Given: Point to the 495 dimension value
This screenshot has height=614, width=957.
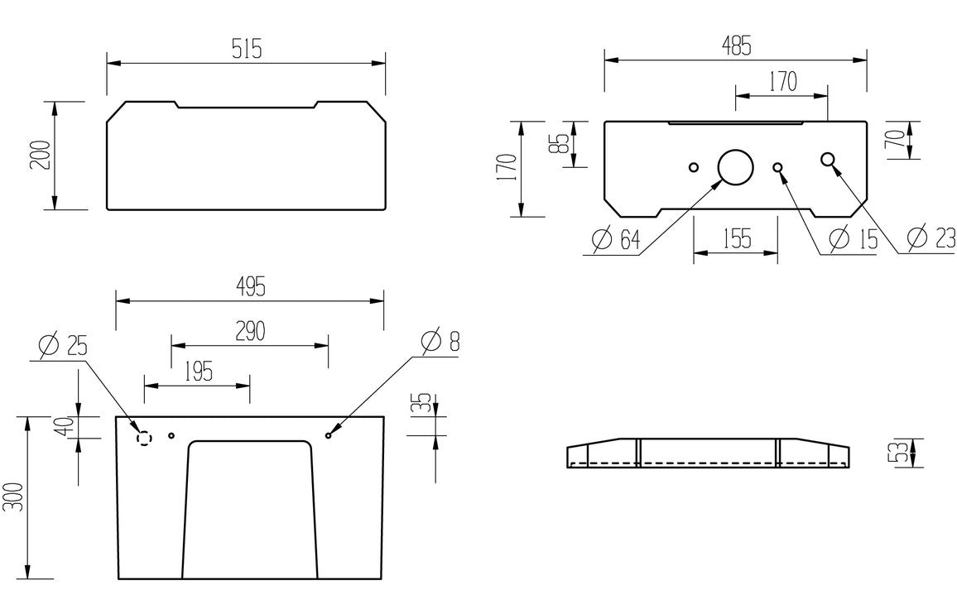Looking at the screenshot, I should [x=250, y=287].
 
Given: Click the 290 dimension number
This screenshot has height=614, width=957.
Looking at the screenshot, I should [x=249, y=331].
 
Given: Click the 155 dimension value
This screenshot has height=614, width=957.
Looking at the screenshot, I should [x=734, y=239].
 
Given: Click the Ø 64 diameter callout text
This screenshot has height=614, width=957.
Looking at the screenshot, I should [x=617, y=240].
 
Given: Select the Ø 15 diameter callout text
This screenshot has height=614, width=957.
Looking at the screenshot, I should [x=853, y=239].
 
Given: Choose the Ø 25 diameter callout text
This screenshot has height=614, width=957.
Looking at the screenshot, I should [x=63, y=345].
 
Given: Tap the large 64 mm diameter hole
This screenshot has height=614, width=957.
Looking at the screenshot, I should [x=734, y=166].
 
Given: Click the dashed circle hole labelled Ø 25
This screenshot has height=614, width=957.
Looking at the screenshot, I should [x=144, y=438].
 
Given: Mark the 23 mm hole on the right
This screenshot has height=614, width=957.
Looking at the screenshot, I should [x=827, y=160].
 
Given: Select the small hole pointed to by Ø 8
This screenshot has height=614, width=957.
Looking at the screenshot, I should [x=329, y=435].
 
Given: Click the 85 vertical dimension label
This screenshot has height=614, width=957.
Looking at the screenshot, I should [x=562, y=144].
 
